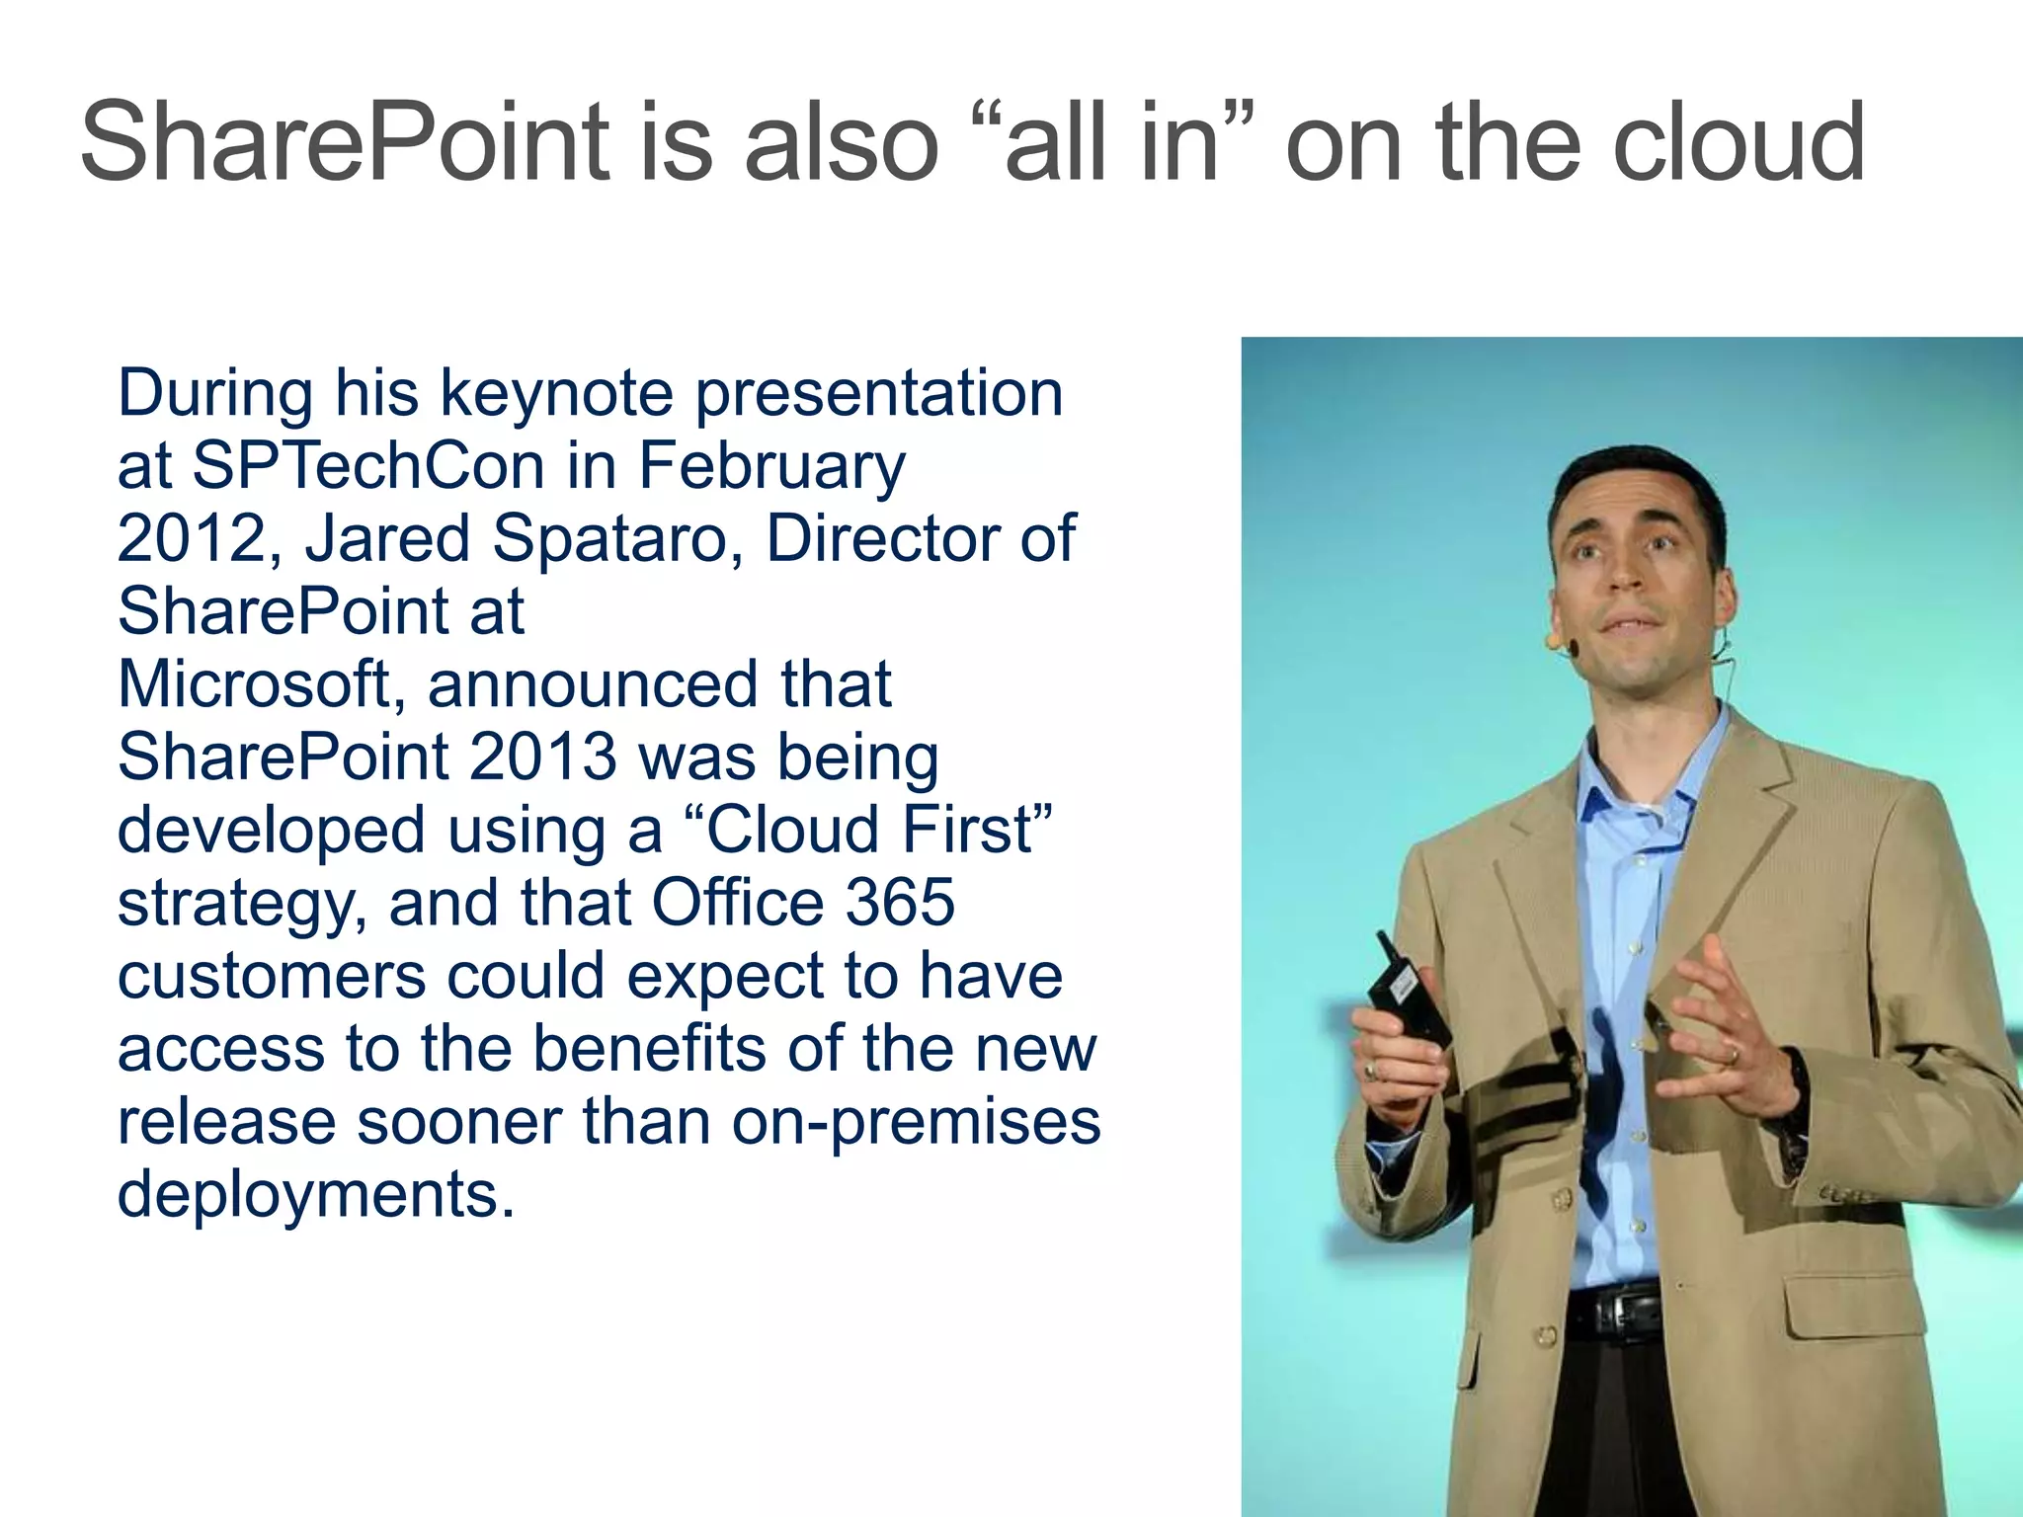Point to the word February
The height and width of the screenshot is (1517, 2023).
(771, 466)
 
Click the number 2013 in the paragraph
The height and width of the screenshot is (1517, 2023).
(542, 758)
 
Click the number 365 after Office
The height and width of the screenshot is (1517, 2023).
(900, 903)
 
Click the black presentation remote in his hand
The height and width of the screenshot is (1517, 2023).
(1407, 993)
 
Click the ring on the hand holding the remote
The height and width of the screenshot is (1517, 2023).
(1371, 1070)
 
